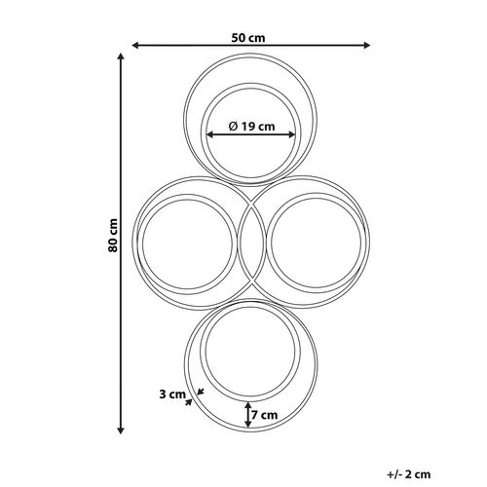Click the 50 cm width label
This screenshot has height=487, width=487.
[x=248, y=38]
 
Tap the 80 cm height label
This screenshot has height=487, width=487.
[x=113, y=236]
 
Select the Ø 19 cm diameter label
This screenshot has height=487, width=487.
[x=251, y=126]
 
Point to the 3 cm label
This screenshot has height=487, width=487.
[x=172, y=394]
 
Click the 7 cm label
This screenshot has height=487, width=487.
[x=265, y=415]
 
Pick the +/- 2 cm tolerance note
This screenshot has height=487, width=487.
[x=409, y=474]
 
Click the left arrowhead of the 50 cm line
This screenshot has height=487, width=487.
[x=136, y=46]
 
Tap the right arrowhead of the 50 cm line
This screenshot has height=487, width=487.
[x=366, y=46]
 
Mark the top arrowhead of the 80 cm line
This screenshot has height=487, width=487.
[x=121, y=56]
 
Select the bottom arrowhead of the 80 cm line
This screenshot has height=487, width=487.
[x=121, y=431]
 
